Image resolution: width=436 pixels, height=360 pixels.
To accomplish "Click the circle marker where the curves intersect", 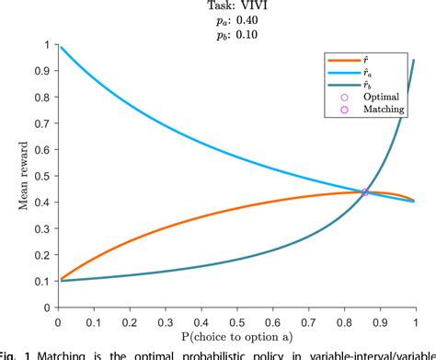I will (365, 192).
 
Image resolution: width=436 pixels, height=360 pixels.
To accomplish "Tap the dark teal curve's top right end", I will (414, 61).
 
